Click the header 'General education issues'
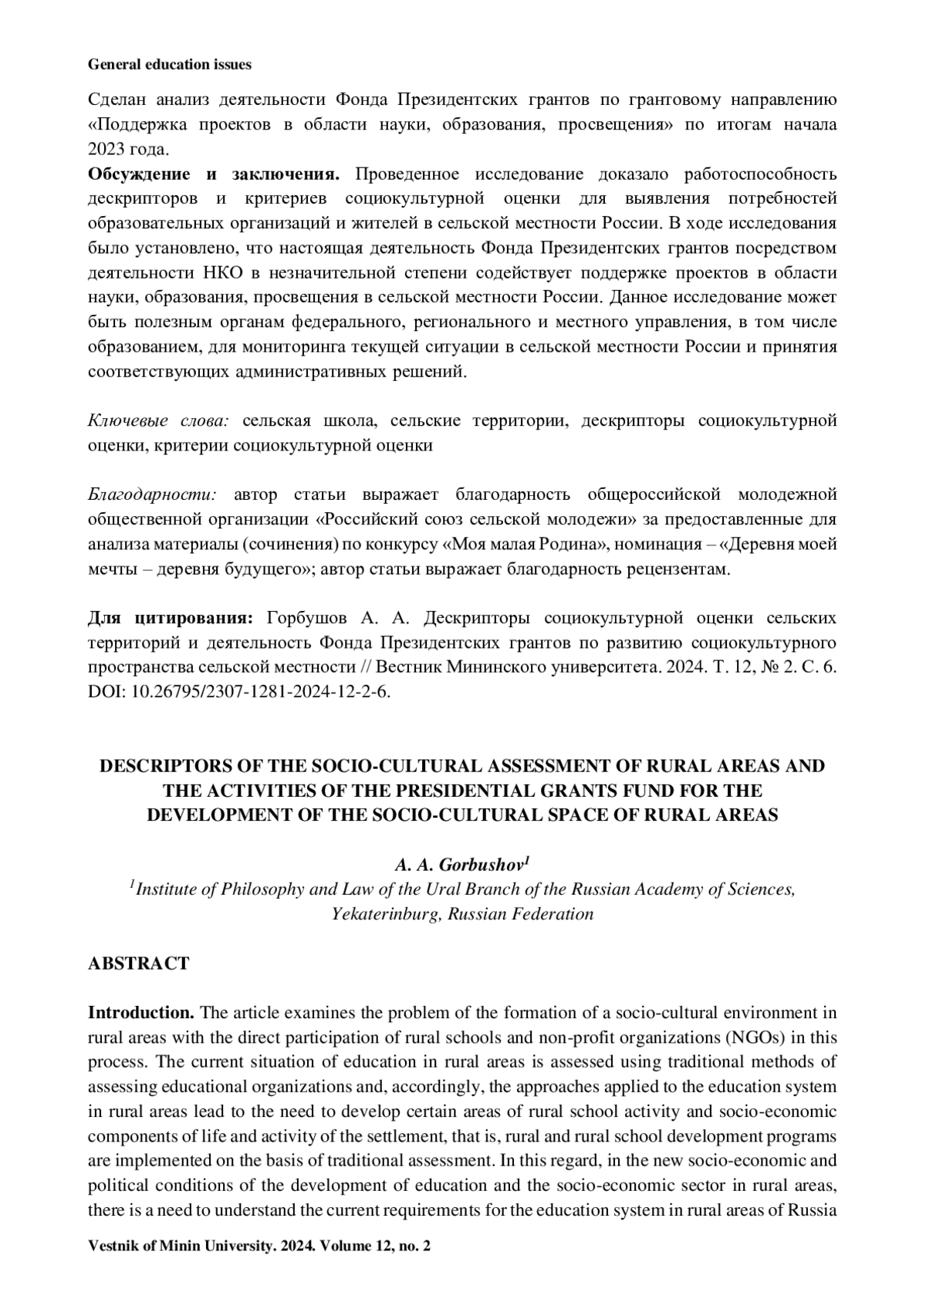click(x=170, y=65)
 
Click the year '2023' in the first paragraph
click(x=106, y=149)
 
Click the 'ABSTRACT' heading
click(x=138, y=963)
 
